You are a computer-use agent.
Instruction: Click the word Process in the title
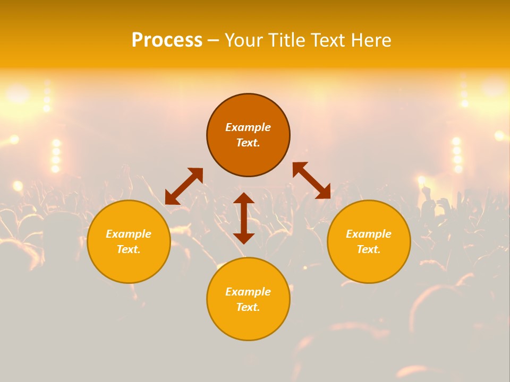167,40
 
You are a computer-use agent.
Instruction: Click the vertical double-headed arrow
244,218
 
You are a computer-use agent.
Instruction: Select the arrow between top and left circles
184,186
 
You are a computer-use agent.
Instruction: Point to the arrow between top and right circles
311,180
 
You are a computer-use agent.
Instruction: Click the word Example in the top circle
248,127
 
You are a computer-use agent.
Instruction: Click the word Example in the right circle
369,234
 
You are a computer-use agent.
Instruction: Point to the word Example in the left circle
129,234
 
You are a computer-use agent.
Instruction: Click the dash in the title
213,40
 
